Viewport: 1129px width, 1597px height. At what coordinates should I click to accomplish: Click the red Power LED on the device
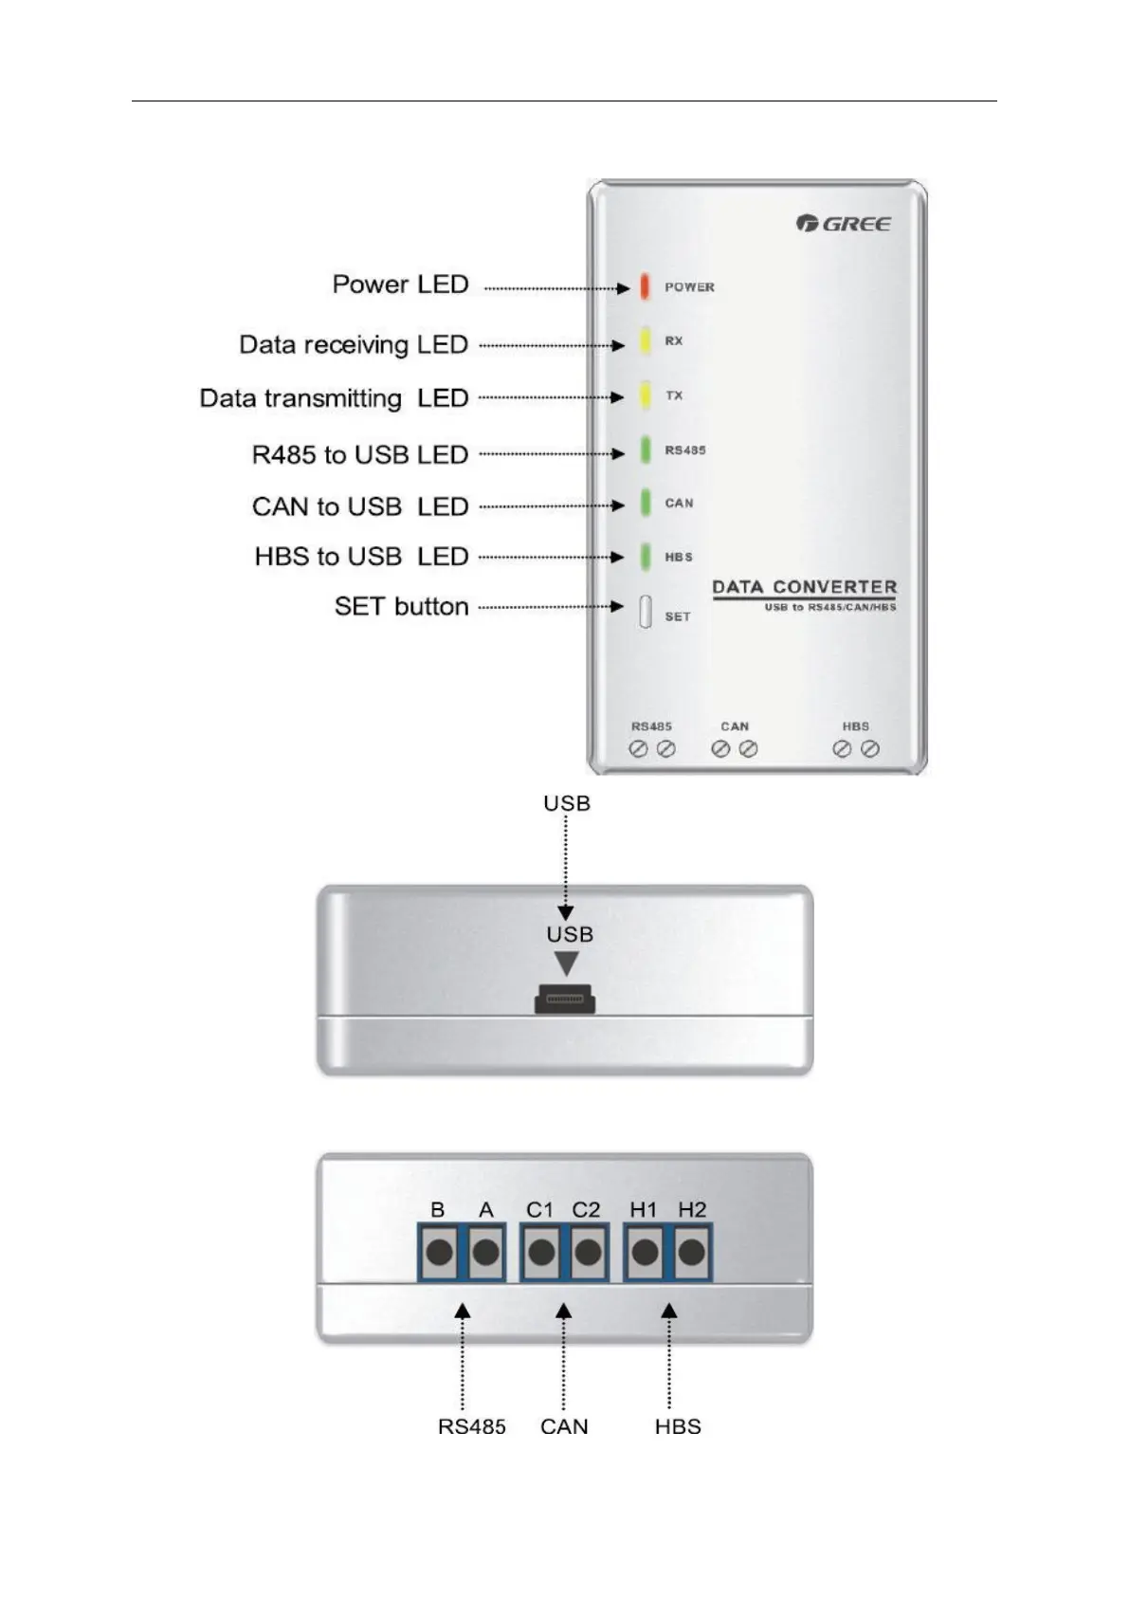[645, 285]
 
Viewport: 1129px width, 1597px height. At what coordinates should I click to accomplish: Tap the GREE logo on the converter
[844, 224]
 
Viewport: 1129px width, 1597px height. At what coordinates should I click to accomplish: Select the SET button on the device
[645, 613]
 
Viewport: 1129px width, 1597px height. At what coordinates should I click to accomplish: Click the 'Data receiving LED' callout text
[354, 344]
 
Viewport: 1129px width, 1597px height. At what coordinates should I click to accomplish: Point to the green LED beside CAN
[645, 503]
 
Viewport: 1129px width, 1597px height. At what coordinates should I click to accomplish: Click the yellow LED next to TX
[645, 395]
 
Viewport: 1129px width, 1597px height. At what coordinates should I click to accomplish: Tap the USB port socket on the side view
[566, 999]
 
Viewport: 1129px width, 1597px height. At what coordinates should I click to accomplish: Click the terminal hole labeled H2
[692, 1253]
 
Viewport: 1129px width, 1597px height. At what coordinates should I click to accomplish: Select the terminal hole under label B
[439, 1253]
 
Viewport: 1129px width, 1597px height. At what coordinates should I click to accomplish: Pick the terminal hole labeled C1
[541, 1253]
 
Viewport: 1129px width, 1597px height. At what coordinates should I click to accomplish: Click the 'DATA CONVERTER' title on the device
[804, 587]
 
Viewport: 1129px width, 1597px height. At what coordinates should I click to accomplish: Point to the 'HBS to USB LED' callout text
[361, 557]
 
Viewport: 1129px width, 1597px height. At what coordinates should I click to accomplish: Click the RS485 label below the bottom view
[471, 1427]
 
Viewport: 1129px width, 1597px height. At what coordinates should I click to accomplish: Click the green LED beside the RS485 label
[645, 450]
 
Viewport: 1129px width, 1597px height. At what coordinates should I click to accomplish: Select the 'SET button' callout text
[401, 607]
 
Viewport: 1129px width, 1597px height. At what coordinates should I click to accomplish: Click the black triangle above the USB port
[567, 964]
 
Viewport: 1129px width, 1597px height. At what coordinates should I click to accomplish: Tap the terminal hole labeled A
[486, 1253]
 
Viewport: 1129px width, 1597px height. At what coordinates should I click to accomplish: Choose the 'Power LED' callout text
[400, 285]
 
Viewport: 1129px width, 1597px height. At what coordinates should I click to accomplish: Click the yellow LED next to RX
[645, 340]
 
